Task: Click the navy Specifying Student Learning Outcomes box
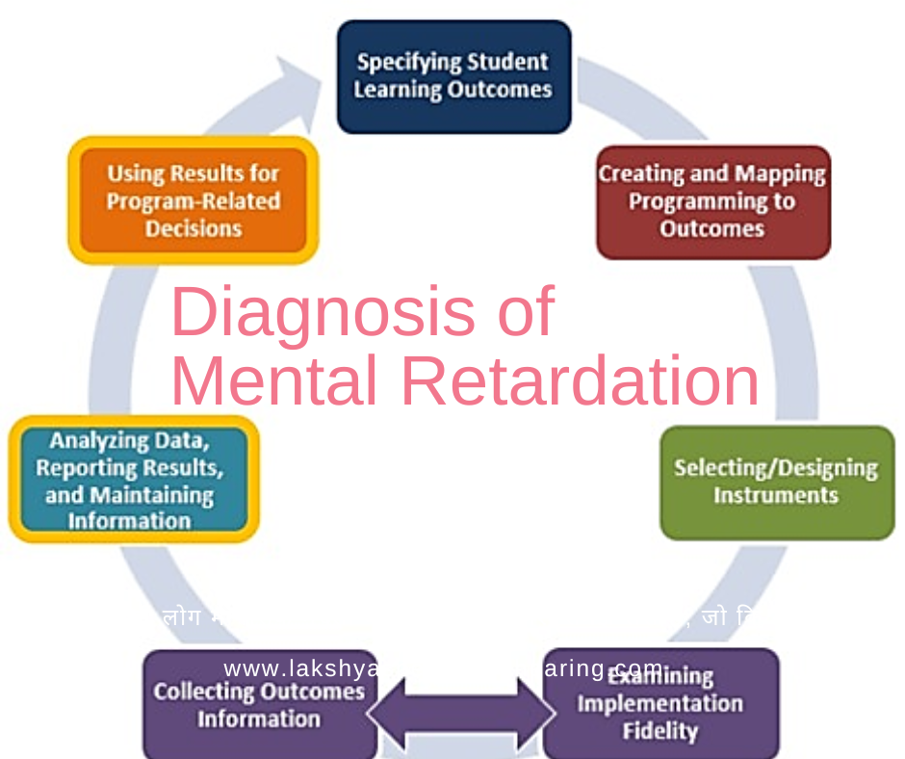[x=453, y=77]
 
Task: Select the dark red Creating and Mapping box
[x=712, y=202]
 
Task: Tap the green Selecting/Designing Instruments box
[x=776, y=483]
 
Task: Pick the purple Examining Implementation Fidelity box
[x=660, y=704]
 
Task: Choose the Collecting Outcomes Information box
[x=259, y=706]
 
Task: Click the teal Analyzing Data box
[x=133, y=480]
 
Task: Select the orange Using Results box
[x=193, y=200]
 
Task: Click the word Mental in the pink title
[x=273, y=381]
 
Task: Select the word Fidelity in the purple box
[x=659, y=731]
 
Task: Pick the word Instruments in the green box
[x=775, y=496]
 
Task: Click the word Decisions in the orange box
[x=194, y=229]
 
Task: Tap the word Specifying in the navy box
[x=404, y=64]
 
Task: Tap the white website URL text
[x=443, y=668]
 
